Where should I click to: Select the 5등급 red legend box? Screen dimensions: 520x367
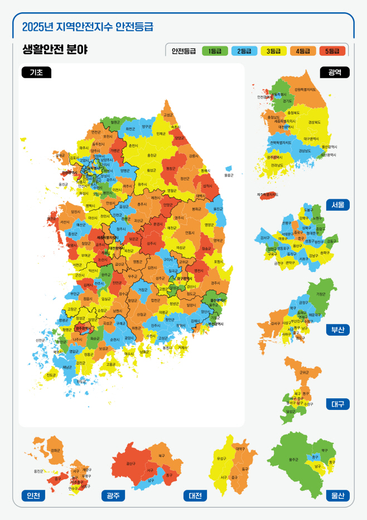point(332,51)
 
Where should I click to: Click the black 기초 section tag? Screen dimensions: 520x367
point(36,72)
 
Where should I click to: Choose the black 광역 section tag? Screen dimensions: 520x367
point(335,72)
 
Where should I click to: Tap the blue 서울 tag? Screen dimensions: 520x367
point(338,204)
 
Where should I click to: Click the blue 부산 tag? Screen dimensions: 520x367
point(338,330)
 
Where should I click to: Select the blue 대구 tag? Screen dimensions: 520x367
point(338,404)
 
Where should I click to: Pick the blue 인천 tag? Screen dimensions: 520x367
point(30,495)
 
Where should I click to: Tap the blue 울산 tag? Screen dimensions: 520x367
point(338,495)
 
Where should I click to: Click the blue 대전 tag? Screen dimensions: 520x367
point(195,495)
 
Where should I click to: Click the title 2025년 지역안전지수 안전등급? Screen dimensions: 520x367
point(88,26)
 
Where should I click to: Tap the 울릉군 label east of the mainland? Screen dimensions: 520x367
point(229,175)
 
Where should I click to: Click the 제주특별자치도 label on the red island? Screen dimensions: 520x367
point(268,194)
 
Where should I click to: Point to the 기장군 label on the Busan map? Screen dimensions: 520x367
point(321,294)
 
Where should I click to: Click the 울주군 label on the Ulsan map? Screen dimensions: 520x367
point(293,459)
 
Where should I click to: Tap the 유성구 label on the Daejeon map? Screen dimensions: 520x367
point(221,459)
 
